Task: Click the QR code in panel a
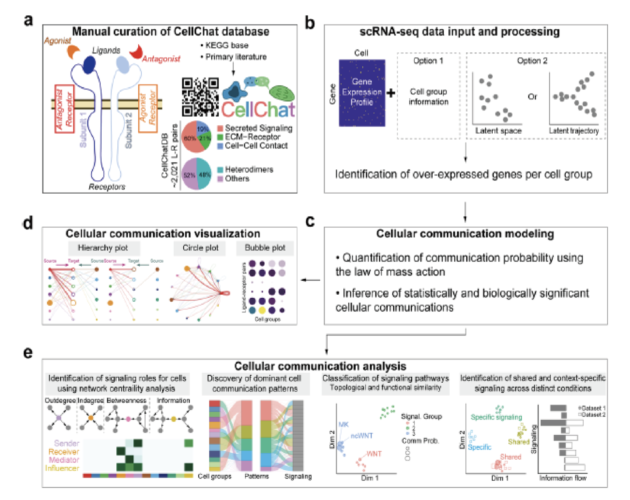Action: (200, 97)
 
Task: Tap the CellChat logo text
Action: (258, 109)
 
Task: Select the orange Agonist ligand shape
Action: (73, 52)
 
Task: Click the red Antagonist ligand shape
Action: (136, 52)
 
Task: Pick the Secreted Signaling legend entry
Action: (258, 128)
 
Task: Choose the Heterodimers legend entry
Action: (248, 169)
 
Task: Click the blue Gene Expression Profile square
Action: (362, 93)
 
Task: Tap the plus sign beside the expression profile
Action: (391, 93)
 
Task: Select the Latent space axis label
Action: (498, 130)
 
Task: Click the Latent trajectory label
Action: (574, 130)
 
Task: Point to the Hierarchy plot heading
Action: (103, 248)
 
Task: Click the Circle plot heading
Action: (200, 248)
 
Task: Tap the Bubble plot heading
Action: (265, 248)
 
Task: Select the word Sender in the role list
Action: (66, 443)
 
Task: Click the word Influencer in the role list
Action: (62, 468)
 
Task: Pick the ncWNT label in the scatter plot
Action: (361, 436)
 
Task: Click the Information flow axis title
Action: (563, 478)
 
